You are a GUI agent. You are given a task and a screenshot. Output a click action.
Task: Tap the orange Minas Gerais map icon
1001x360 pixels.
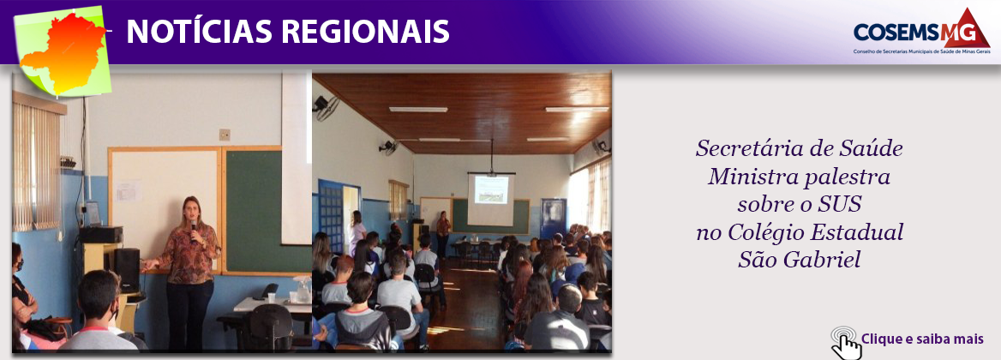(x=63, y=53)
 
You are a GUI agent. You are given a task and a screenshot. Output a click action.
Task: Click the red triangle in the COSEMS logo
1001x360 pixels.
(x=967, y=28)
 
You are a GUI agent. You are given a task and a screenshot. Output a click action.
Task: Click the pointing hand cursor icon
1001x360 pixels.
(x=845, y=343)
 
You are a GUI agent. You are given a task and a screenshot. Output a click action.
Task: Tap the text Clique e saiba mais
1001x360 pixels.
(x=922, y=339)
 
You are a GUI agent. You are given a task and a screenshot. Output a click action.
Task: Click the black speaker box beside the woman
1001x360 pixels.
(x=126, y=270)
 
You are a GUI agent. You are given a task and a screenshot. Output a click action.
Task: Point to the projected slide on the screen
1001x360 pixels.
(x=492, y=190)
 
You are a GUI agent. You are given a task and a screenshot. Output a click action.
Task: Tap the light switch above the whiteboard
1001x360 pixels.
(x=225, y=135)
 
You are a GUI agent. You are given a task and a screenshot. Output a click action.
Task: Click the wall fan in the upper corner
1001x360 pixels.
(x=327, y=108)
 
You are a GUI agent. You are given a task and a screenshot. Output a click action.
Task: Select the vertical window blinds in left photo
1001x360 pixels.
(x=37, y=167)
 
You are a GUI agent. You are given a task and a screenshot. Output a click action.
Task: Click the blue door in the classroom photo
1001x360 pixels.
(x=332, y=217)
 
